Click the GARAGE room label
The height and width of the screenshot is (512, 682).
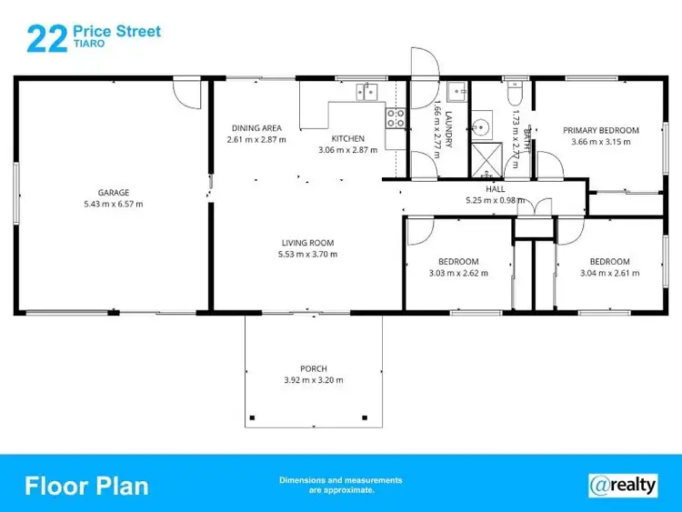click(x=114, y=192)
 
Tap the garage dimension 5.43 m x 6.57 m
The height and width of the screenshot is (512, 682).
click(x=114, y=204)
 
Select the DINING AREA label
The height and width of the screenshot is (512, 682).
click(x=256, y=128)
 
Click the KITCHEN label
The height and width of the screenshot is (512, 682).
click(x=347, y=138)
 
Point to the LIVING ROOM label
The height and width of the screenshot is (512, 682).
click(x=307, y=243)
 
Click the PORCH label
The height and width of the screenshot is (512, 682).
click(x=314, y=368)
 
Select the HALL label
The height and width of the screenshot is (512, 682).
click(x=496, y=188)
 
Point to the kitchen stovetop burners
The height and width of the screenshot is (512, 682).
click(x=396, y=116)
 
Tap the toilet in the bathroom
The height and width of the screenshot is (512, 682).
click(x=516, y=92)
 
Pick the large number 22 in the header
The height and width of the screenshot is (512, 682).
click(x=46, y=39)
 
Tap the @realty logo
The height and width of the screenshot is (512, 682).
click(x=623, y=485)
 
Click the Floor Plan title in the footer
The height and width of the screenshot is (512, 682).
click(x=86, y=485)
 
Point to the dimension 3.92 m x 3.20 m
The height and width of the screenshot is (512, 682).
click(x=314, y=380)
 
